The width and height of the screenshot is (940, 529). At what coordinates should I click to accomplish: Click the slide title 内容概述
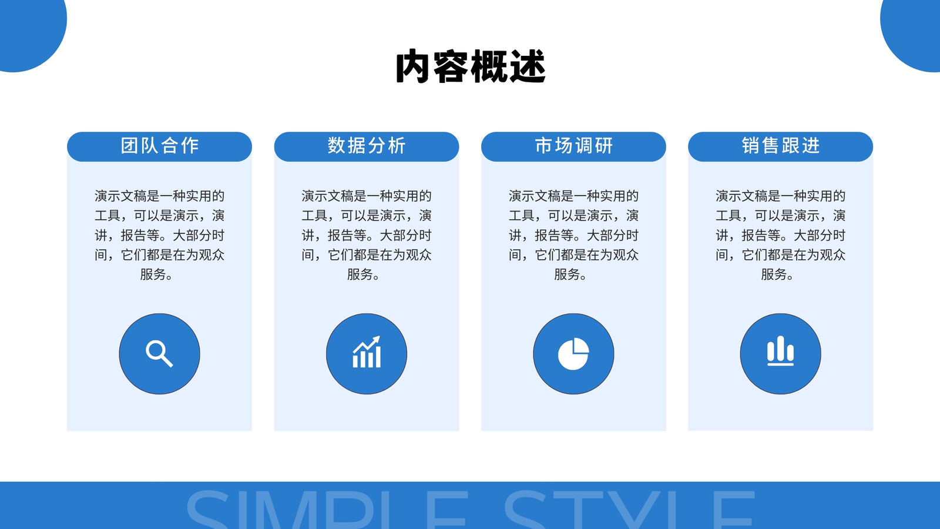(x=471, y=66)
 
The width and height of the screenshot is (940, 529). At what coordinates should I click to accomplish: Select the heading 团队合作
(x=159, y=146)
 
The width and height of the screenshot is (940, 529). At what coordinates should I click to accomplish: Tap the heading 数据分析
(x=367, y=146)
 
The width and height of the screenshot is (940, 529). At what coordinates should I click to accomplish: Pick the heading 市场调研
(x=573, y=146)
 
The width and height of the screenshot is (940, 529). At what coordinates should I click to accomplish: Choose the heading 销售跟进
(x=781, y=146)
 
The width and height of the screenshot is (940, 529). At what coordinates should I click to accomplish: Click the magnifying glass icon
(x=159, y=354)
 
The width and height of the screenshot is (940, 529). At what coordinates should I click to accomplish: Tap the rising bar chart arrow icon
(x=367, y=352)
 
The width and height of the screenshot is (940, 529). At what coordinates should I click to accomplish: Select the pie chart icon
(x=573, y=354)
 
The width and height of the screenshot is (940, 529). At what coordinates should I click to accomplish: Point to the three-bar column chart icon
(x=781, y=351)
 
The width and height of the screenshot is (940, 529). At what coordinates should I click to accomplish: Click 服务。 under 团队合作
(x=156, y=274)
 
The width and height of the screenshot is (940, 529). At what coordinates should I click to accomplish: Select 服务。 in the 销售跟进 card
(x=777, y=274)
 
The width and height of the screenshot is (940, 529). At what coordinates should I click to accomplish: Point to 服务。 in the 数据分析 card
(x=363, y=274)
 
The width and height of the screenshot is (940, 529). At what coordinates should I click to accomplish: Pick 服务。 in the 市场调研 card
(x=570, y=274)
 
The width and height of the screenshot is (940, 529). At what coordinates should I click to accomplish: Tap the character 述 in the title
(x=528, y=66)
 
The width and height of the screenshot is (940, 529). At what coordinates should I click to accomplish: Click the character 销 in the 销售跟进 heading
(x=750, y=146)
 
